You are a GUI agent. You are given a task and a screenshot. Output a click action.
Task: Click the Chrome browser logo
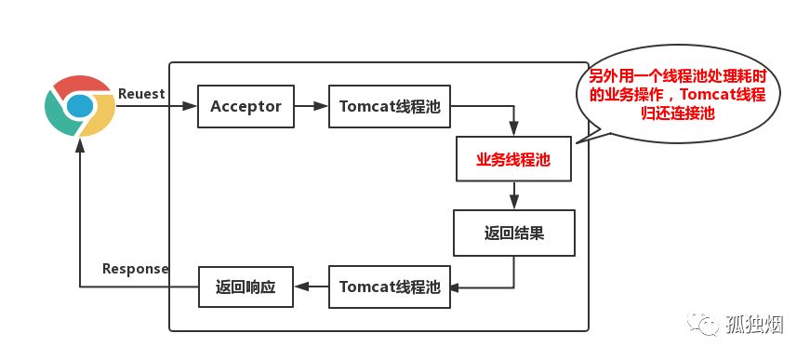pos(80,107)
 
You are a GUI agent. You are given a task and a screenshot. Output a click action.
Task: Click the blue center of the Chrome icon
pos(80,107)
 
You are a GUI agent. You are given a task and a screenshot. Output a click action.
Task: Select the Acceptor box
pos(246,107)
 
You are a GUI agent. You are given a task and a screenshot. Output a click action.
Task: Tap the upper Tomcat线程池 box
pos(390,107)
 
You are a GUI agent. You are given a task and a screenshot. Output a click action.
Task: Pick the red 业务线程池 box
pos(513,160)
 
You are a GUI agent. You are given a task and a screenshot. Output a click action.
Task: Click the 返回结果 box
pos(513,233)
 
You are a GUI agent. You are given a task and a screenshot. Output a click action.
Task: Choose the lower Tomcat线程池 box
pos(390,286)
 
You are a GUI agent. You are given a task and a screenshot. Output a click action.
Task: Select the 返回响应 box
pos(246,286)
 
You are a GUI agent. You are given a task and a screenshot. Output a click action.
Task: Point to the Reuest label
pos(142,94)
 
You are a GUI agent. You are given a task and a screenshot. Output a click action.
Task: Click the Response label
pos(135,269)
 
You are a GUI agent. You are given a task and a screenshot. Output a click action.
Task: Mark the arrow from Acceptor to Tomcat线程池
pos(312,107)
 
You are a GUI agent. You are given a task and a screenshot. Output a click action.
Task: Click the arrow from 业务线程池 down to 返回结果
pos(514,195)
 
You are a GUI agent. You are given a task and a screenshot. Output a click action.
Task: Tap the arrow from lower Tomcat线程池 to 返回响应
pos(311,286)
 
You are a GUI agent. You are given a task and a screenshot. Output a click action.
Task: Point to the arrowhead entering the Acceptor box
pos(193,107)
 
